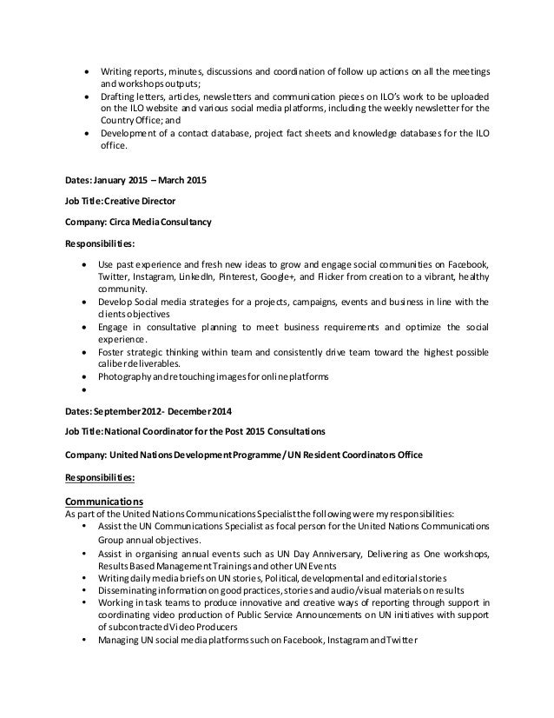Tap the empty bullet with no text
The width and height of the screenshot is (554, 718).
[82, 390]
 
